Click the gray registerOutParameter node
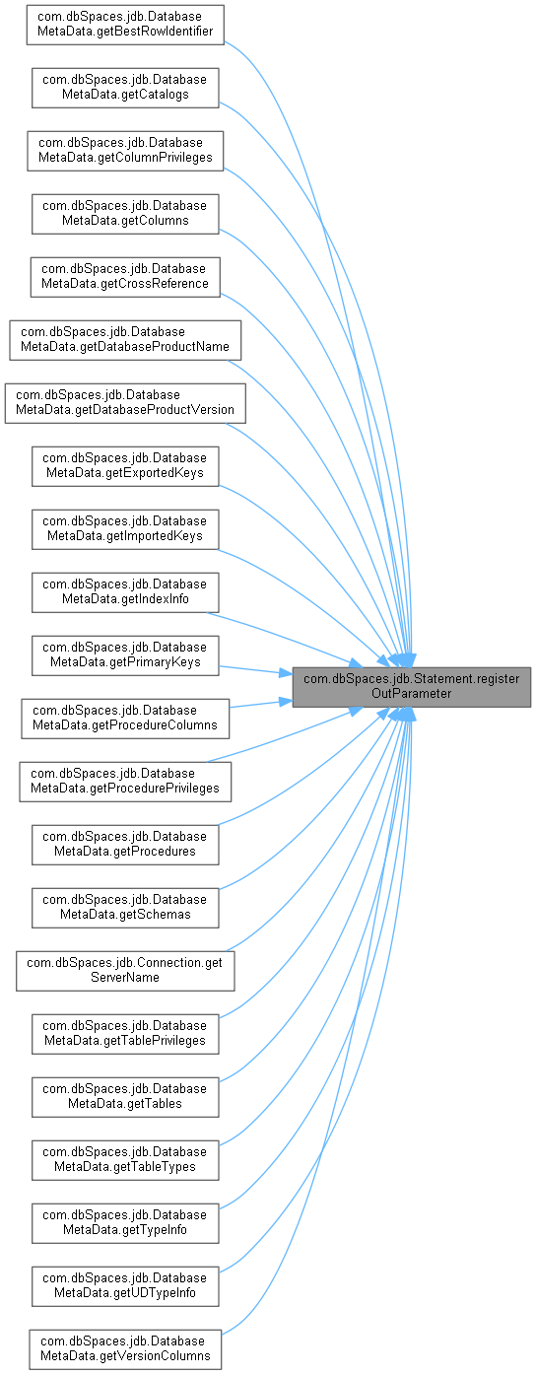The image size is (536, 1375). coord(411,687)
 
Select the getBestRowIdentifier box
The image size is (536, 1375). coord(125,25)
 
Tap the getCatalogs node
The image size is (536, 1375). coord(125,88)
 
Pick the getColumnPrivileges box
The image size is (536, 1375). coord(125,151)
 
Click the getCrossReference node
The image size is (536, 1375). coord(125,277)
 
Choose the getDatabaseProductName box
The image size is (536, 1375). coord(125,340)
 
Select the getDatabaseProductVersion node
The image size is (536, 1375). coord(125,403)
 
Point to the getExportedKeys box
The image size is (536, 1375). coord(125,466)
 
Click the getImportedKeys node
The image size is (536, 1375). coord(125,529)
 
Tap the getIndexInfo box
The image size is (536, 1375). coord(125,592)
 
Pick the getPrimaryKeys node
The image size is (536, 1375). coord(125,655)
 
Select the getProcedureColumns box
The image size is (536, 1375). coord(125,719)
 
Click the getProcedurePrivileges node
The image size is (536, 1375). coord(125,782)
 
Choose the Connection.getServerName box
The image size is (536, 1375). coord(125,971)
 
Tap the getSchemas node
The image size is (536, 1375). coord(125,908)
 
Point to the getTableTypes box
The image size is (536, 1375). coord(125,1160)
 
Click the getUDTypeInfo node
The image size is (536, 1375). coord(125,1286)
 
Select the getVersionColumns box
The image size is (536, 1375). coord(125,1349)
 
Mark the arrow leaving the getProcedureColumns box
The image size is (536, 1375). coord(261,704)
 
